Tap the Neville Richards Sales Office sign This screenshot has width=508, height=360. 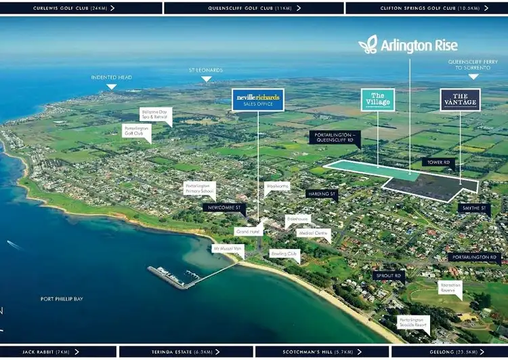pos(257,100)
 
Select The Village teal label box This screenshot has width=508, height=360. pos(377,99)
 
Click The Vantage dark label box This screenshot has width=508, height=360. pos(460,100)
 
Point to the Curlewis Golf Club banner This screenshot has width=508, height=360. pos(81,8)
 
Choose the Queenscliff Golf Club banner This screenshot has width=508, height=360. pos(253,8)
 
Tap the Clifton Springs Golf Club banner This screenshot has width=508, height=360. pos(426,8)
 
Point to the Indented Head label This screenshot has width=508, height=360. pos(110,77)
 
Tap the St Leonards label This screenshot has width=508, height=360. pos(205,71)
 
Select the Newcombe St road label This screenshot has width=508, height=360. pos(224,207)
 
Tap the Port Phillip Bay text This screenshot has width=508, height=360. pos(61,299)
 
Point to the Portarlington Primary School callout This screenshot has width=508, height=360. pos(200,188)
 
